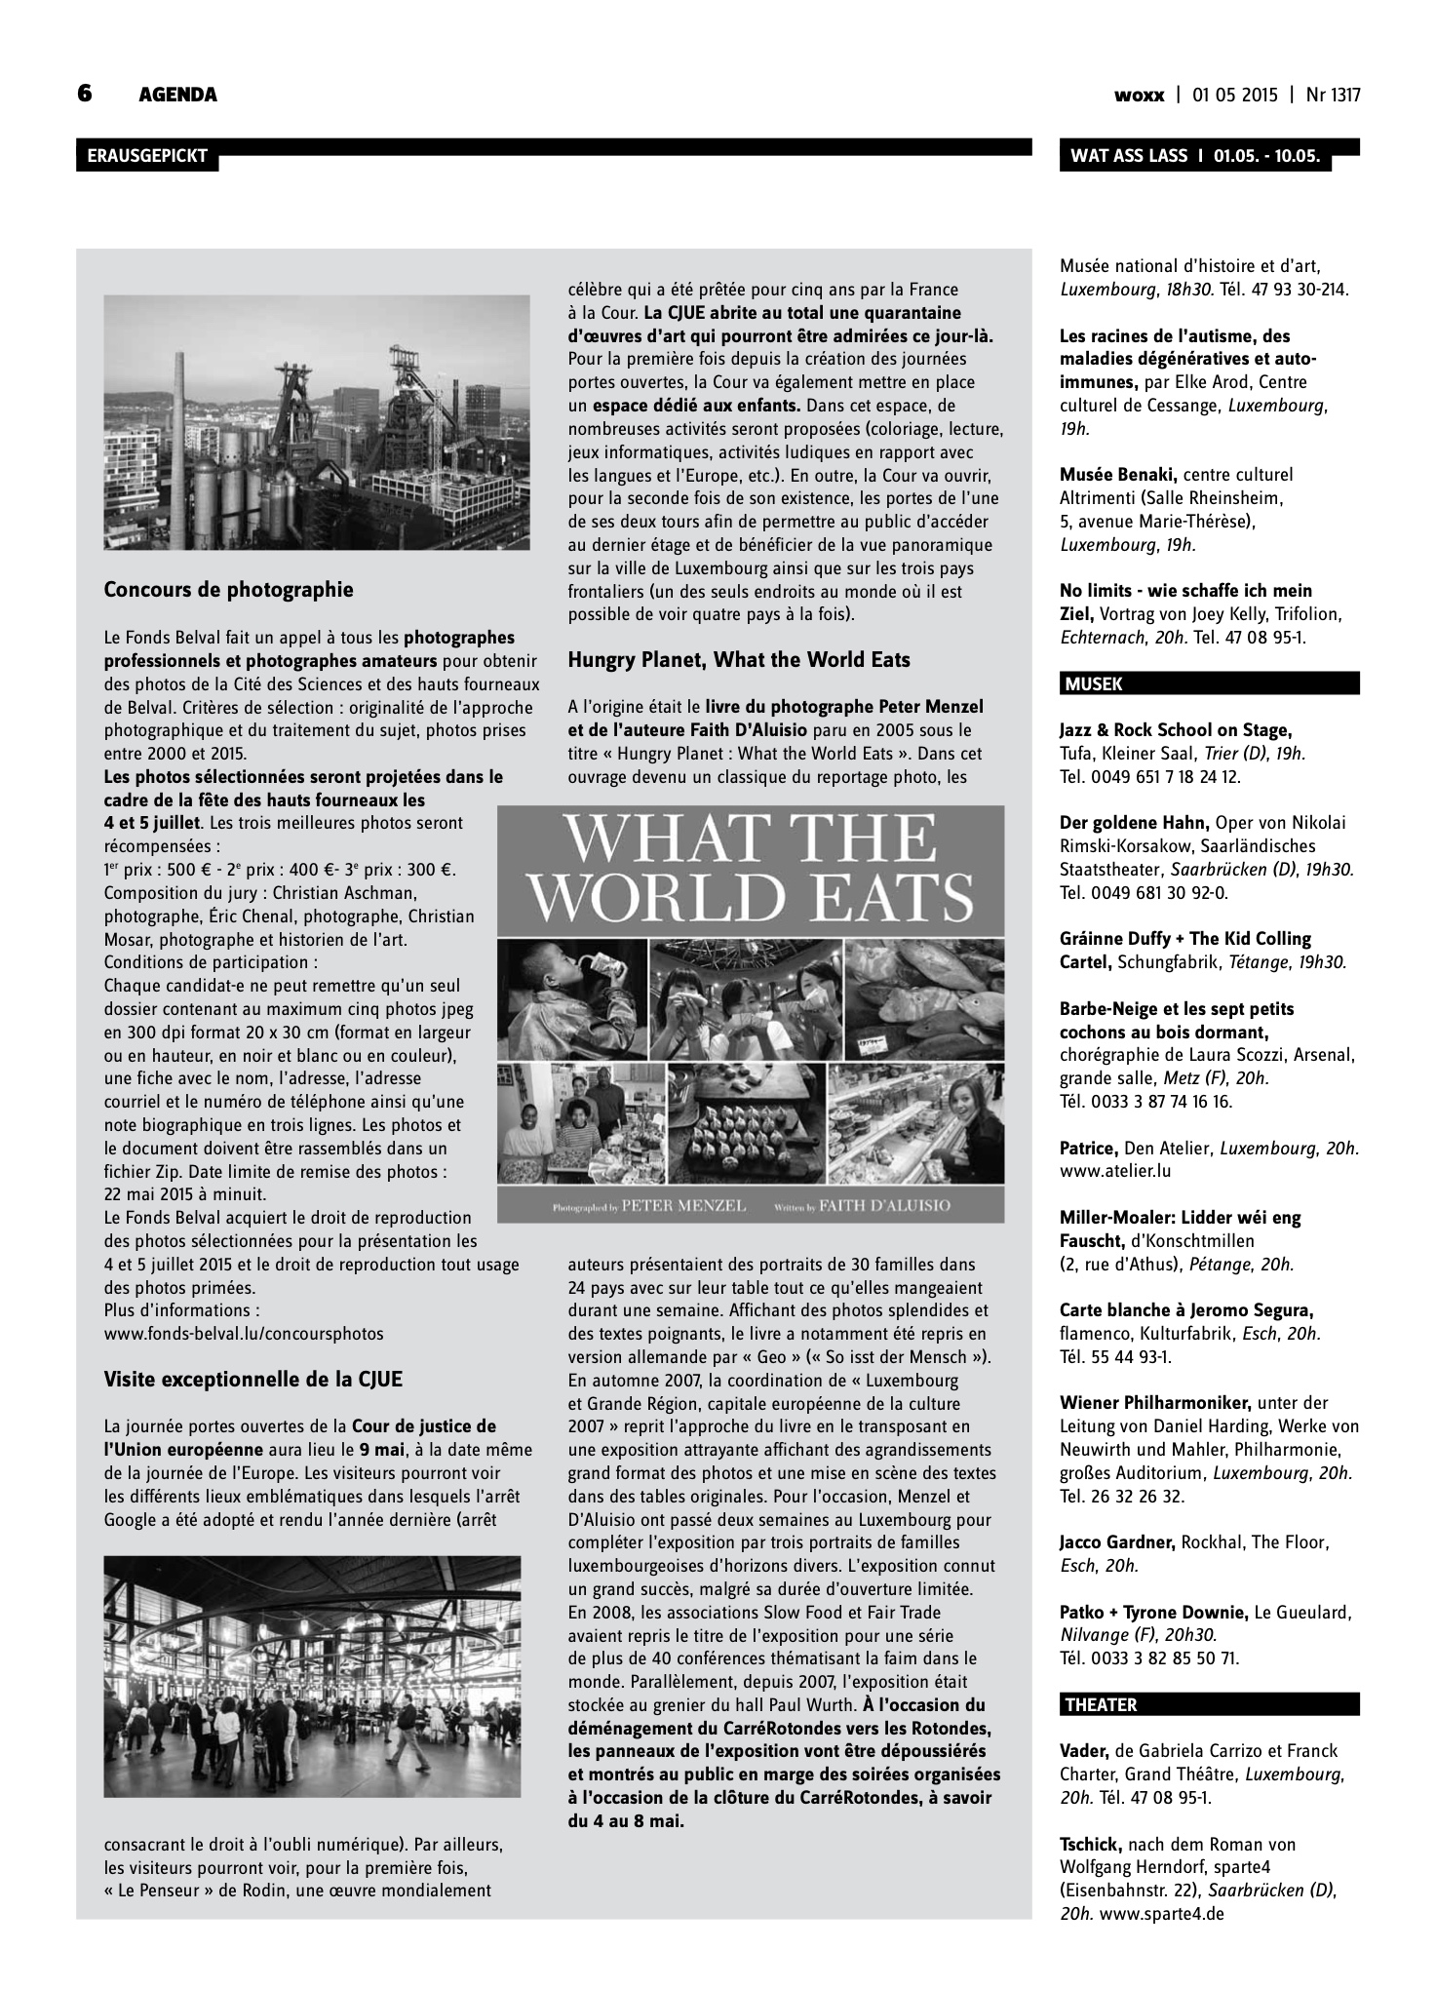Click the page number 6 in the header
pyautogui.click(x=85, y=94)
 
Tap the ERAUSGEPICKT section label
pyautogui.click(x=146, y=156)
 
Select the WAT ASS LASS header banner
pyautogui.click(x=1194, y=156)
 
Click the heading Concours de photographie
pyautogui.click(x=228, y=590)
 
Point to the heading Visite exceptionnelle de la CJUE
pyautogui.click(x=252, y=1380)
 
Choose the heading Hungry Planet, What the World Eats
pyautogui.click(x=739, y=660)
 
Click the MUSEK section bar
pyautogui.click(x=1209, y=684)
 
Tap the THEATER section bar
pyautogui.click(x=1209, y=1705)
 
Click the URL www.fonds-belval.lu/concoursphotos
pyautogui.click(x=244, y=1333)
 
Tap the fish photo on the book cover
pyautogui.click(x=921, y=996)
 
